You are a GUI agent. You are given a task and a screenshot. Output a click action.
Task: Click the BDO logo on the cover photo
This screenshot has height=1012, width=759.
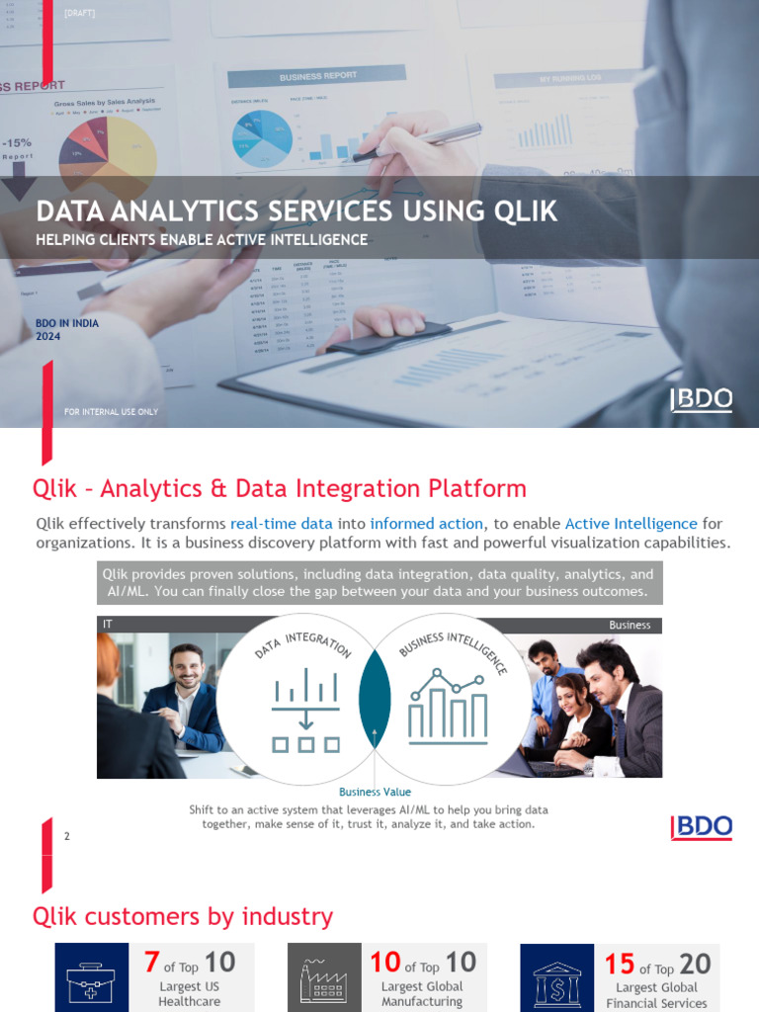[x=702, y=399]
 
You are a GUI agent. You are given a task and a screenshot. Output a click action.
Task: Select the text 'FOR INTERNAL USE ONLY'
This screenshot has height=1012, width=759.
[x=111, y=412]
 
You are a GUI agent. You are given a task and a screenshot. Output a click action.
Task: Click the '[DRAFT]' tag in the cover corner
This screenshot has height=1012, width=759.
[x=79, y=13]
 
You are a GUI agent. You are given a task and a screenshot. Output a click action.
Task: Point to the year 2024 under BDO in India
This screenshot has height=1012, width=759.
[x=48, y=337]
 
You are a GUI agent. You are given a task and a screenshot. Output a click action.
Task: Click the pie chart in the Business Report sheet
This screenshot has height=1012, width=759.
[x=262, y=136]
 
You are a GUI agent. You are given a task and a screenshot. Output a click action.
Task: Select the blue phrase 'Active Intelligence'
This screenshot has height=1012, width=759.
[x=631, y=524]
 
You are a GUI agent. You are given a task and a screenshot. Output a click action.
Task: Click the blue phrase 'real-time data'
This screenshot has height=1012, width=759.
[x=281, y=524]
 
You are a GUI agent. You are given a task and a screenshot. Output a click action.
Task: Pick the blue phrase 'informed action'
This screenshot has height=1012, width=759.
[x=426, y=524]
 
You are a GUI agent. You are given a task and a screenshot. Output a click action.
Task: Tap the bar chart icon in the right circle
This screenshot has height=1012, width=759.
[x=447, y=706]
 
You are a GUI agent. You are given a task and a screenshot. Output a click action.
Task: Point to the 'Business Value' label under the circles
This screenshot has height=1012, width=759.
[x=375, y=792]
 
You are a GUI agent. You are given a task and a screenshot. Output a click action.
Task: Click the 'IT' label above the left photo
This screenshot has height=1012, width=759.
[x=108, y=625]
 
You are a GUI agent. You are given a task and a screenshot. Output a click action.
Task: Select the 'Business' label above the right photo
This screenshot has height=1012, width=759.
[x=630, y=625]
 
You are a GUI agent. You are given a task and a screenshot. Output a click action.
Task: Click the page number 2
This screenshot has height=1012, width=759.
[x=67, y=836]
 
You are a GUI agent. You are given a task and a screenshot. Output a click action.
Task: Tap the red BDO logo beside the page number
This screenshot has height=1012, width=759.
[x=702, y=828]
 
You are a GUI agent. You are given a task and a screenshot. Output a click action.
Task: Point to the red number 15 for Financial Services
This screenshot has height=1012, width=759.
[x=619, y=964]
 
